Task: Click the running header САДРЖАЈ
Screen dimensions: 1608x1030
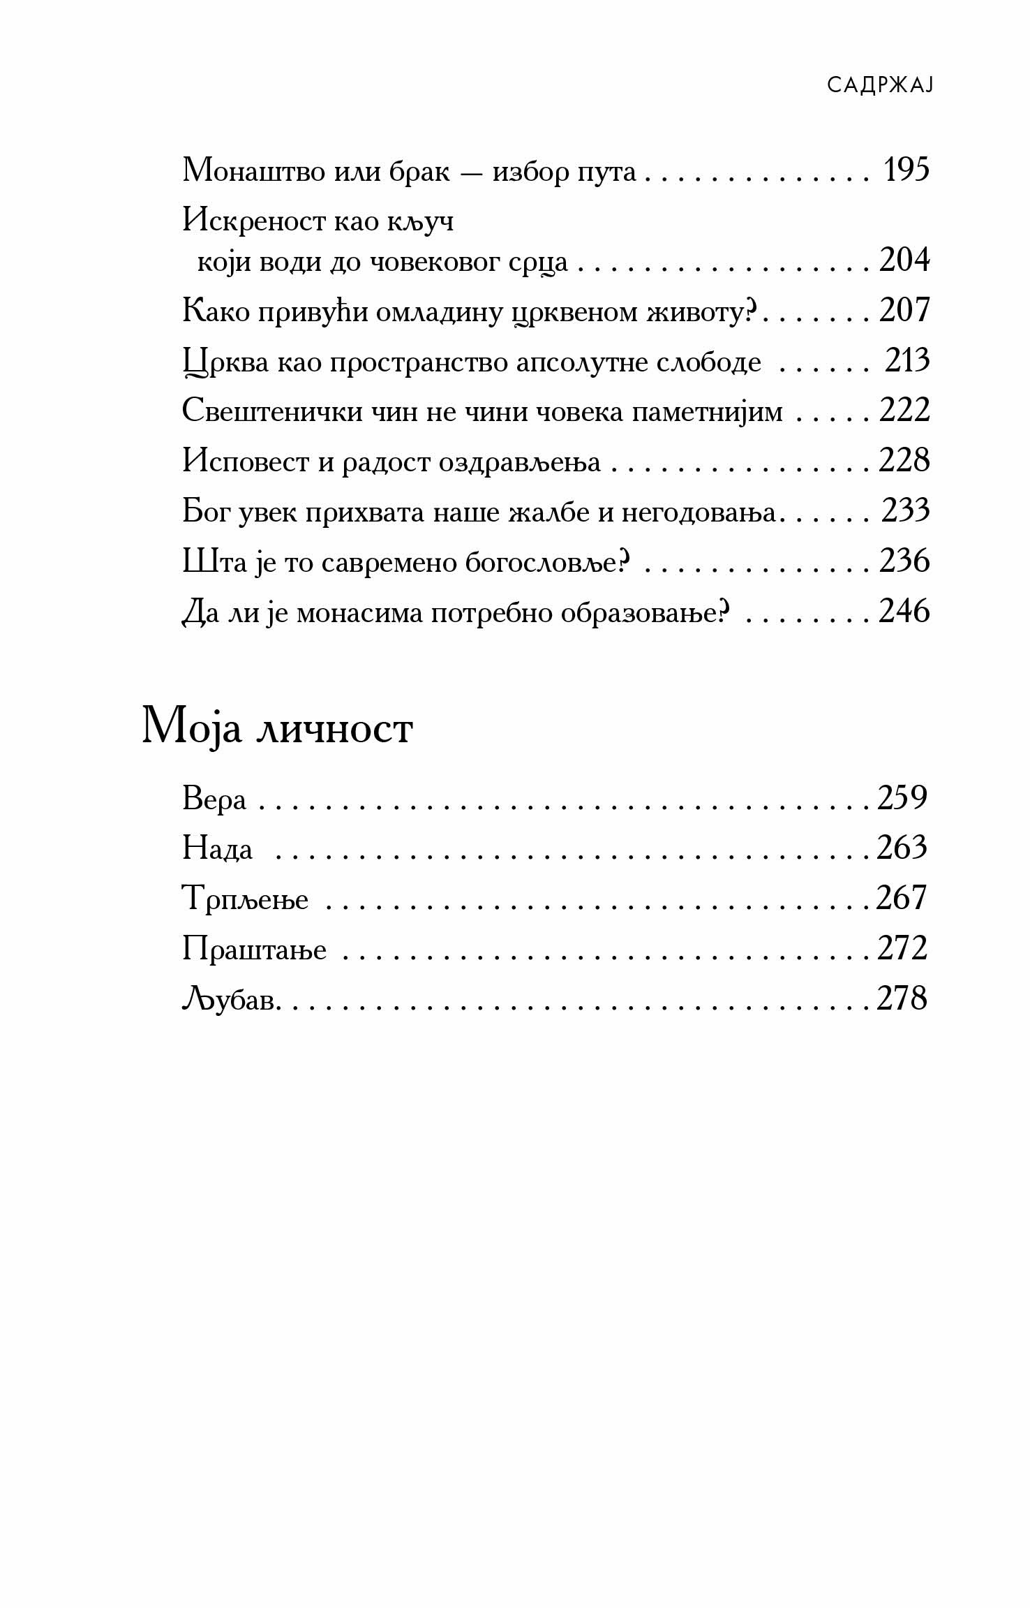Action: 880,85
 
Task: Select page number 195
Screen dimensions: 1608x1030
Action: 906,170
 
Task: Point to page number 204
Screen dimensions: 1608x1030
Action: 904,260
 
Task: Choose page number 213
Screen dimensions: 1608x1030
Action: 907,361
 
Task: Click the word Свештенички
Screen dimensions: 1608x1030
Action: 273,411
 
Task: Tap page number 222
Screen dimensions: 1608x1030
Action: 904,411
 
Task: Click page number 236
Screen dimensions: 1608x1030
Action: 904,561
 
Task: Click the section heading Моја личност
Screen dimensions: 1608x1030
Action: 277,729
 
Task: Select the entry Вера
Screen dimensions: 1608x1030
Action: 214,799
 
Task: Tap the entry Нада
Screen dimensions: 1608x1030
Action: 217,849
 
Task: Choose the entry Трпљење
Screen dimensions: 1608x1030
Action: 245,899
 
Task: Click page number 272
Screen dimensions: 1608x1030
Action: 902,948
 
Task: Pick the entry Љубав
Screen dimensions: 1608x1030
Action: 230,999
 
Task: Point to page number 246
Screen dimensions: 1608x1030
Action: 904,612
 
